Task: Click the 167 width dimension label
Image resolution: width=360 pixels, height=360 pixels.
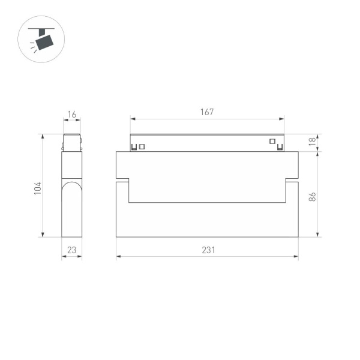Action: tap(207, 112)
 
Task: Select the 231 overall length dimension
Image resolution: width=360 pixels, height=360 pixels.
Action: tap(207, 250)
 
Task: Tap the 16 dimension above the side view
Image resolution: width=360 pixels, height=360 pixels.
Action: tap(72, 114)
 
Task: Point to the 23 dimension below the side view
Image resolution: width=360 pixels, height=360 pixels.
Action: tap(72, 250)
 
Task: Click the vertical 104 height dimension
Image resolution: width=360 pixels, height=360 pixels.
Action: tap(37, 188)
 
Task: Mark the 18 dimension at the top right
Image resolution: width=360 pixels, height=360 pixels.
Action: tap(312, 142)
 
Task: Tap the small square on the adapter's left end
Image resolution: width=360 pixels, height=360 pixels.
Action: tap(142, 146)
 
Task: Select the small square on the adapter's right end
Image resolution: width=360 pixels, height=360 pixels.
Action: tap(272, 142)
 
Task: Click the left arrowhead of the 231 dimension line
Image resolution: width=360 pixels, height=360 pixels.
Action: tap(118, 256)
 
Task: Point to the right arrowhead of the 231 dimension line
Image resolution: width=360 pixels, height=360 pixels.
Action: tap(296, 256)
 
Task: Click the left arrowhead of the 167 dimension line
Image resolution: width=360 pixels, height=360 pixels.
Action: tap(132, 119)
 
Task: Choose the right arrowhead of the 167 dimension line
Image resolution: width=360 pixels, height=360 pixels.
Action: tap(282, 119)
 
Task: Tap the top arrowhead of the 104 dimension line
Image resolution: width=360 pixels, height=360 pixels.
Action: tap(43, 136)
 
